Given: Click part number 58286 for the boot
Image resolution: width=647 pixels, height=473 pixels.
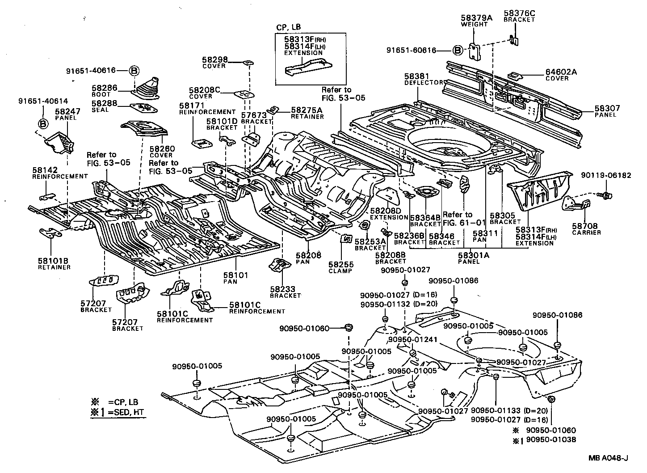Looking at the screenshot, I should pos(104,88).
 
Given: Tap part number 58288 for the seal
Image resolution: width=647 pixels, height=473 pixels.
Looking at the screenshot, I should pos(104,103).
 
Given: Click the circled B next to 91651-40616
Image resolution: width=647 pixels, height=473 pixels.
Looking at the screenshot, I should pos(134,71).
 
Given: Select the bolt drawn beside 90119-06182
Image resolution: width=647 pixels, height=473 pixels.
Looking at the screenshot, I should pos(606,195).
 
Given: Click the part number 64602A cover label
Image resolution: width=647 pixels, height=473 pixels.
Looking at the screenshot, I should pos(561,72).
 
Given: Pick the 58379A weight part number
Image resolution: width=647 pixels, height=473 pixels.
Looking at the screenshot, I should pos(476,18).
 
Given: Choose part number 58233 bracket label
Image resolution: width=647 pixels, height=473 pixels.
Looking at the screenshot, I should pos(282,289).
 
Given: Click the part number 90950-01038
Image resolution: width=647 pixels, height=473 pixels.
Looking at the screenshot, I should pos(551,439).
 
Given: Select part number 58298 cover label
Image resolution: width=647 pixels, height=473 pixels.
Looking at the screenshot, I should pos(214,59).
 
